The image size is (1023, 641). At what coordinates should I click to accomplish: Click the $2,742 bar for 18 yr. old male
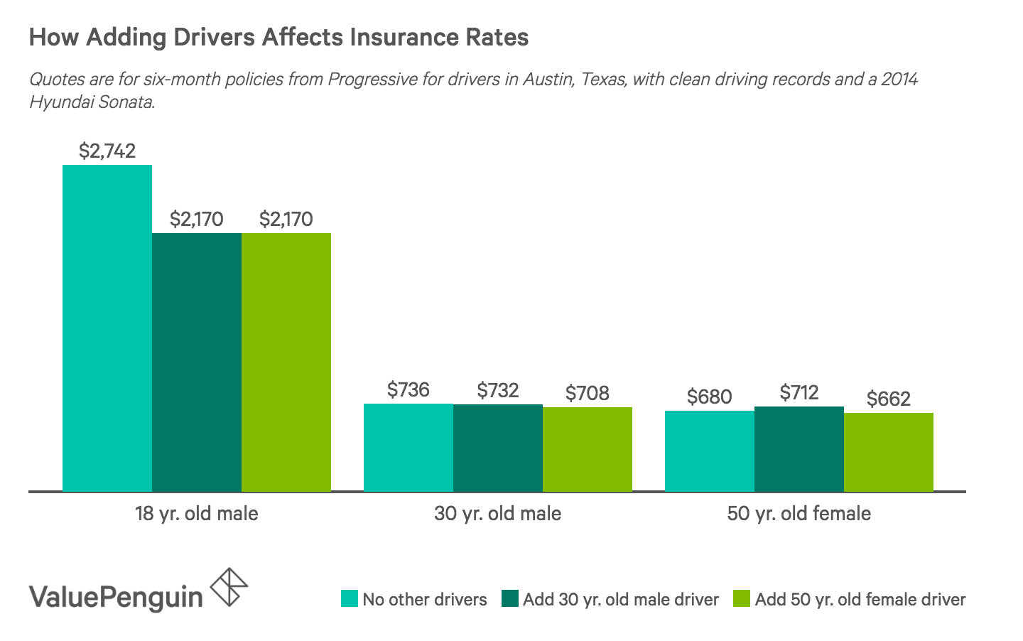coord(107,327)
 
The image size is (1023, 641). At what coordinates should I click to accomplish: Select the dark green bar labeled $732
coord(497,448)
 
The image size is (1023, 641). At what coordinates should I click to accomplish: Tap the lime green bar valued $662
coord(888,452)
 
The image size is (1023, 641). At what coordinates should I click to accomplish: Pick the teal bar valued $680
coord(709,451)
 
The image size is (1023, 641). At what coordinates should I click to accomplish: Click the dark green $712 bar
coord(799,448)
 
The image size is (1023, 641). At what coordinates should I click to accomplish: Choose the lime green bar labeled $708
coord(587,449)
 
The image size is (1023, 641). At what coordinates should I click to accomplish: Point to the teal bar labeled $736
coord(408,447)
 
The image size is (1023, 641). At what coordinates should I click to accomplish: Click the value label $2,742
coord(107,151)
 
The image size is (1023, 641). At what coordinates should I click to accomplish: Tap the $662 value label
coord(888,399)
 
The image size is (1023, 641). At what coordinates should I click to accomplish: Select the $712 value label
coord(799,392)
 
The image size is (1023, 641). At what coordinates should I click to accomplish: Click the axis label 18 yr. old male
coord(196,513)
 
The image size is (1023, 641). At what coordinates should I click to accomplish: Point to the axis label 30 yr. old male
coord(497,513)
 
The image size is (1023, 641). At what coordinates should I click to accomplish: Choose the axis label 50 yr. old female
coord(799,513)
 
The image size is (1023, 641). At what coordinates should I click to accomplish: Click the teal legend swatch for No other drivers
coord(349,599)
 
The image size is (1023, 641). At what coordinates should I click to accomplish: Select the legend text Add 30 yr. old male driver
coord(621,599)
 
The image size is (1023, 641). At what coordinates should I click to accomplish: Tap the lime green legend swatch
coord(741,599)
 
